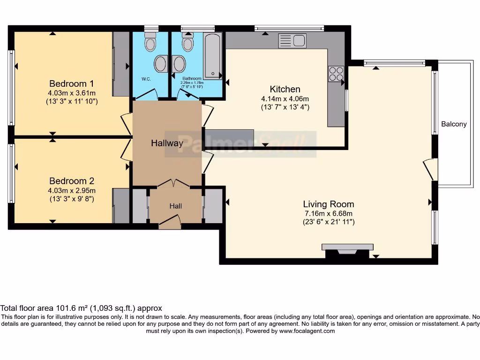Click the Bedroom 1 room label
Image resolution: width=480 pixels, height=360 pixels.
72,84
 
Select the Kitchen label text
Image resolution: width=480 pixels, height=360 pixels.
285,89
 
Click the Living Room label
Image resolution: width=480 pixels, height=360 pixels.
328,204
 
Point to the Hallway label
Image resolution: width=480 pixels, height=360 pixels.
167,143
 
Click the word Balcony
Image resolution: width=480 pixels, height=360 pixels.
454,124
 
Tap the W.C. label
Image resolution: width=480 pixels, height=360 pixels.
146,79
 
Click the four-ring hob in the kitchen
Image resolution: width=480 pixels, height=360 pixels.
336,74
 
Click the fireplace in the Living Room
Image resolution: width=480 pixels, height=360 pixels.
347,250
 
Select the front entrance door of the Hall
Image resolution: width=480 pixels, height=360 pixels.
170,221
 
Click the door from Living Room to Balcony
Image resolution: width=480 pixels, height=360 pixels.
430,169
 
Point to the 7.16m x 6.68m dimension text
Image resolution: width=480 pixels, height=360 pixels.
328,213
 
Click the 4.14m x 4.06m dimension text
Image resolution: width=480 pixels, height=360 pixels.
285,99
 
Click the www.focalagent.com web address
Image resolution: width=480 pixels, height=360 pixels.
307,331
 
